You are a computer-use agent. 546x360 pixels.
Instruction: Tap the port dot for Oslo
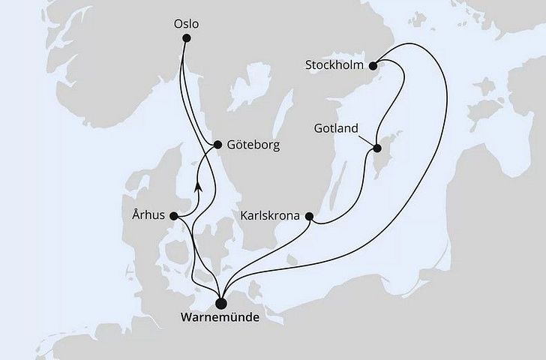(186, 38)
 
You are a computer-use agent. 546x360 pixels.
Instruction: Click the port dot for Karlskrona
(308, 216)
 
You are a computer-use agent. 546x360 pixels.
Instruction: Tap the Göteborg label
(253, 145)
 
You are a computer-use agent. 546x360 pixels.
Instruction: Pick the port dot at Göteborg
(216, 145)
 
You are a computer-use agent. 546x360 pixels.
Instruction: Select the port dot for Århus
(174, 216)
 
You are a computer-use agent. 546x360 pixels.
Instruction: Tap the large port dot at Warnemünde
(220, 302)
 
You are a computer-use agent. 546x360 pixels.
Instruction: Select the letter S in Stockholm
(309, 65)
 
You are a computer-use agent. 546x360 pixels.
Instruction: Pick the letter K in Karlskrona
(244, 216)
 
